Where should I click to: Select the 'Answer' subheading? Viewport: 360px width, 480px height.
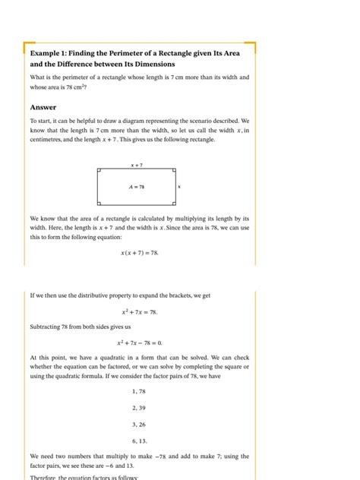(43, 107)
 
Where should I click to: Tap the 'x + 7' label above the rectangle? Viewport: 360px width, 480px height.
(137, 164)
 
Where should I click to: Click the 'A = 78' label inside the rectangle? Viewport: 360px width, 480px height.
(137, 187)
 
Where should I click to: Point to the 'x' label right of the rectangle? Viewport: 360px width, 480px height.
(179, 187)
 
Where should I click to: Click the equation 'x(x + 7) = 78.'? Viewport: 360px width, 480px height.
(139, 253)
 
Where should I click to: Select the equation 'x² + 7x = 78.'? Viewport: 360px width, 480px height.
(139, 311)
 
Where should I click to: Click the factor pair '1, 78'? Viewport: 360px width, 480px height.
(139, 391)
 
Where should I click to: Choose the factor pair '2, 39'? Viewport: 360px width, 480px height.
(139, 408)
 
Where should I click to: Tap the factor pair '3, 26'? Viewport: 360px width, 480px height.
(139, 424)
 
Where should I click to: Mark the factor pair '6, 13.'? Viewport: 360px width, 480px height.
(139, 441)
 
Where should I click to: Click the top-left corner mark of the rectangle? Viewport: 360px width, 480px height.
(99, 171)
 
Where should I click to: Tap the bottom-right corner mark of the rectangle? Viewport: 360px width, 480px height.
(174, 203)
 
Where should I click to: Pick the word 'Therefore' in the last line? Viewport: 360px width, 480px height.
(44, 477)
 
